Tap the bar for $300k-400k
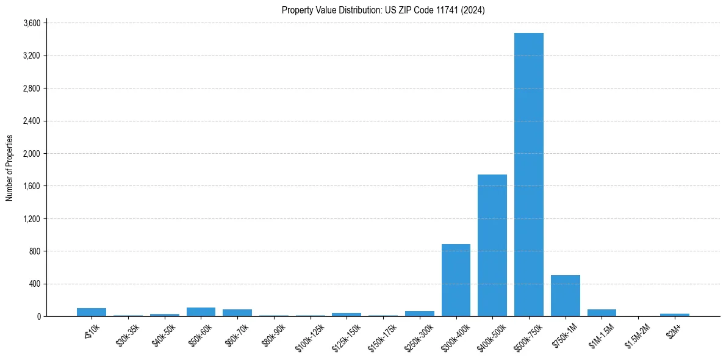[x=456, y=280]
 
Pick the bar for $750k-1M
[x=565, y=296]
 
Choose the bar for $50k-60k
[x=201, y=312]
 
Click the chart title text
[x=383, y=10]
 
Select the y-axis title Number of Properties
[x=10, y=168]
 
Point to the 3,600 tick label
[x=31, y=23]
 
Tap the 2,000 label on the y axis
[x=31, y=154]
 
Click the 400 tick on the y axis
[x=34, y=284]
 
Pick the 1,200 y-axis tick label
[x=31, y=218]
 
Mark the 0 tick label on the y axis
[x=38, y=317]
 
